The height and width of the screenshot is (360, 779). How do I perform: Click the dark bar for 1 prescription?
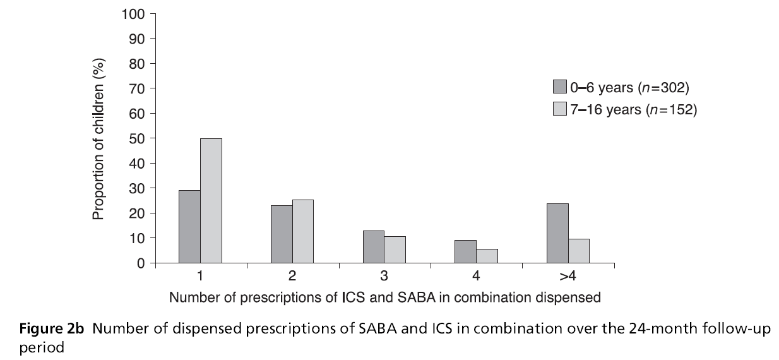click(189, 227)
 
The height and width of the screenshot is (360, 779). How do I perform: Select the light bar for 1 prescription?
click(211, 201)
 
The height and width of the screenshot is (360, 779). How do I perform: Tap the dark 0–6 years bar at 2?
click(282, 234)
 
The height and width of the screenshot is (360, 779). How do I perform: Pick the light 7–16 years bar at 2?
click(303, 231)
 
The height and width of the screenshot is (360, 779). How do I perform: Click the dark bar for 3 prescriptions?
click(374, 247)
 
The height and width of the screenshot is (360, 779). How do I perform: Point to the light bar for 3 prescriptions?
click(395, 249)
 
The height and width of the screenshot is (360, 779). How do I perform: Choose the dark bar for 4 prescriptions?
click(466, 251)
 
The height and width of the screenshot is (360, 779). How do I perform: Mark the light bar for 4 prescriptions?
click(487, 256)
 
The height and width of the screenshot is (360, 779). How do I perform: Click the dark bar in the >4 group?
click(558, 233)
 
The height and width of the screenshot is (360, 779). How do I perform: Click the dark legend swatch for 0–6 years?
click(559, 87)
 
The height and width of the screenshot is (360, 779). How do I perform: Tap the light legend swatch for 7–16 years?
click(559, 109)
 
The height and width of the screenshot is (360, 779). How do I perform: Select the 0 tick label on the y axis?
click(142, 263)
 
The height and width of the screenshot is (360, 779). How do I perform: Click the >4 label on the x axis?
click(568, 277)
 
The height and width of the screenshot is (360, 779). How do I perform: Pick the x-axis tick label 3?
click(384, 277)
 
